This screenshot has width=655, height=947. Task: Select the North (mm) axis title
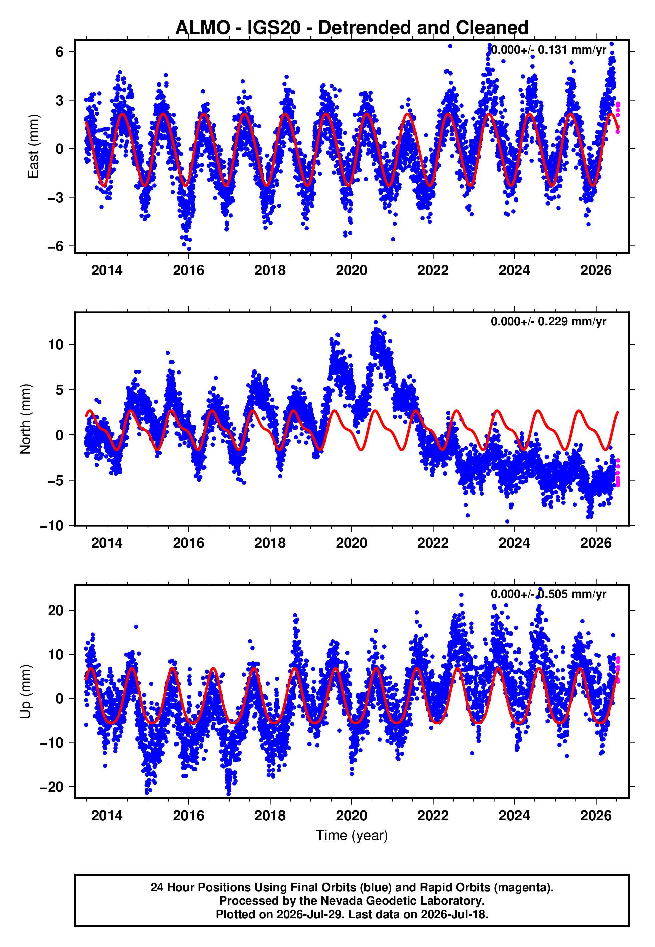click(25, 419)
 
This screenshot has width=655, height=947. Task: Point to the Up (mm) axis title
click(25, 691)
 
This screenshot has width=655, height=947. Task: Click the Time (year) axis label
click(352, 836)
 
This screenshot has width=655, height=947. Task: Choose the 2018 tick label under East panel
click(270, 270)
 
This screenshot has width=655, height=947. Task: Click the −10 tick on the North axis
click(52, 525)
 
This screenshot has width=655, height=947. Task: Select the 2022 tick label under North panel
click(433, 543)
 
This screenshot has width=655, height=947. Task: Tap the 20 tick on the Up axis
click(56, 610)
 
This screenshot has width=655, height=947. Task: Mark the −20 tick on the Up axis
click(52, 787)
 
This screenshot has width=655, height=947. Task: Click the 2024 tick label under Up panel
click(514, 816)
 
